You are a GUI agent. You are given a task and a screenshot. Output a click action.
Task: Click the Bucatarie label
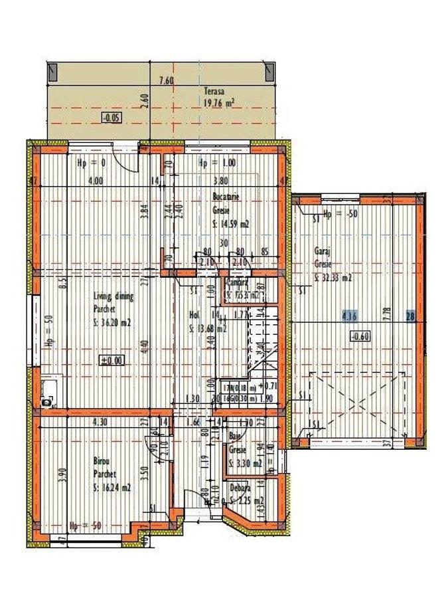click(226, 197)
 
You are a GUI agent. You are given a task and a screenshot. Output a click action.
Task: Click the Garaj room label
click(322, 252)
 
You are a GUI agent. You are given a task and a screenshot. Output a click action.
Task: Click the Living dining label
click(113, 297)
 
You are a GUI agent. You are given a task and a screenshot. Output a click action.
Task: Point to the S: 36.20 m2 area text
click(114, 324)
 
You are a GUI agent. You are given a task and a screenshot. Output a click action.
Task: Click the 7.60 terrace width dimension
click(166, 81)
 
